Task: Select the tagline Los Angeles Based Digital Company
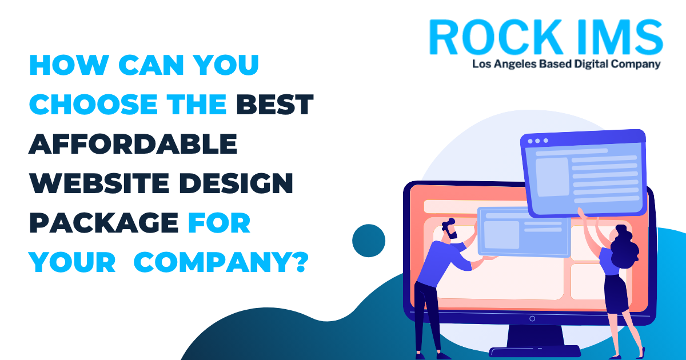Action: pyautogui.click(x=567, y=64)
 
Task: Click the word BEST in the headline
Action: pyautogui.click(x=275, y=105)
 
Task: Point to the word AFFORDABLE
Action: pyautogui.click(x=133, y=143)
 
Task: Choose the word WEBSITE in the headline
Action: pyautogui.click(x=99, y=183)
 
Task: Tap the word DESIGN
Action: pyautogui.click(x=236, y=183)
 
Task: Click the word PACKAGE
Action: pyautogui.click(x=104, y=222)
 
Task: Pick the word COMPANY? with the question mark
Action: pyautogui.click(x=221, y=262)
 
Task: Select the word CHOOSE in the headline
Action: pyautogui.click(x=93, y=105)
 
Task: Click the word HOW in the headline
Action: pyautogui.click(x=69, y=65)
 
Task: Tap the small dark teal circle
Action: pyautogui.click(x=369, y=241)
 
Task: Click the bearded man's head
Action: pyautogui.click(x=449, y=229)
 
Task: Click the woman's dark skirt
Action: pyautogui.click(x=616, y=294)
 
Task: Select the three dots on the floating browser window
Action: pyautogui.click(x=538, y=141)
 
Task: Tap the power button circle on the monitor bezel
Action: pyautogui.click(x=532, y=319)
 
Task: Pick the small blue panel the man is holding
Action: pyautogui.click(x=524, y=232)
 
